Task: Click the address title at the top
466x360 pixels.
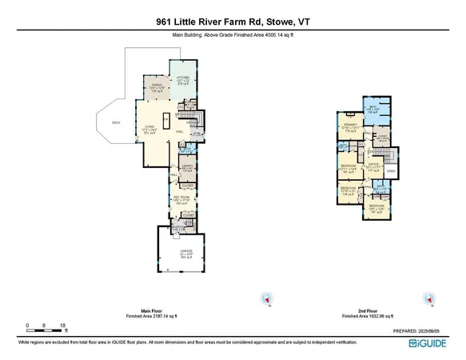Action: click(x=233, y=10)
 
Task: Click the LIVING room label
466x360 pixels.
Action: click(x=149, y=129)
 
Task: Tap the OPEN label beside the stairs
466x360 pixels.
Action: click(x=391, y=170)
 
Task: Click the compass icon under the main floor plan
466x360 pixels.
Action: click(x=265, y=298)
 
